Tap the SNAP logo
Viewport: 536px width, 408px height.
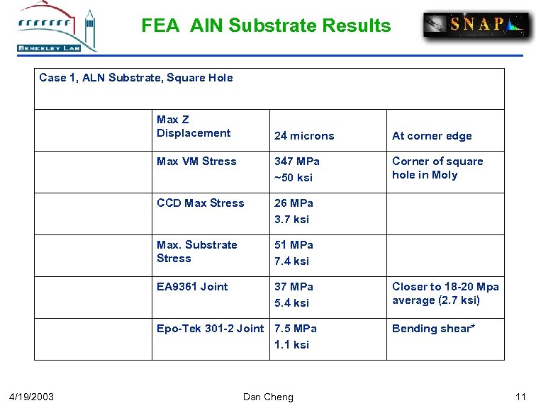476,25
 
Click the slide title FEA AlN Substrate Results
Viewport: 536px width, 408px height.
266,26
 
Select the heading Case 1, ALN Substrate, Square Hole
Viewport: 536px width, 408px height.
136,78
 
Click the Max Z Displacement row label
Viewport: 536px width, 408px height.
194,126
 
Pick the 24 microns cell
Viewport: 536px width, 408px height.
304,136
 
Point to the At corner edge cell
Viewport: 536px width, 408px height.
432,136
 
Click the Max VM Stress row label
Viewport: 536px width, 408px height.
196,161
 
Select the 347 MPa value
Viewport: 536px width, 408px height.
297,161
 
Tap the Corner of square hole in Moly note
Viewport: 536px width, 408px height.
437,168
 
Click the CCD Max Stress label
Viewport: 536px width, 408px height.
200,203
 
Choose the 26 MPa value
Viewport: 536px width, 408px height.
294,203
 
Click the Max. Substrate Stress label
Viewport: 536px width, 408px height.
197,251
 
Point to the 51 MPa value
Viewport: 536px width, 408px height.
294,245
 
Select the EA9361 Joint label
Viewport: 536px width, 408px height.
192,287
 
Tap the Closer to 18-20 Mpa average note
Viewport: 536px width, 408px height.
445,293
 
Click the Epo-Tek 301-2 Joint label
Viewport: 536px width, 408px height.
210,329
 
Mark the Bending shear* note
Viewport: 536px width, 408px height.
433,329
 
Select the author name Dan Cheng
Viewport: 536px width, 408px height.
268,397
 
